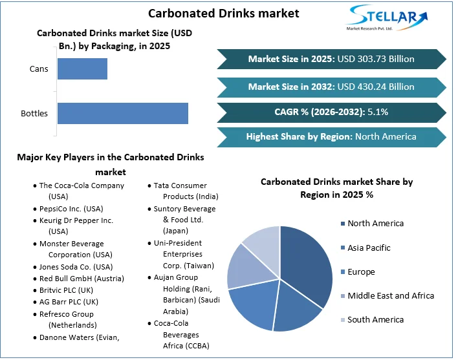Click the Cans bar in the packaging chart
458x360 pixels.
[82, 69]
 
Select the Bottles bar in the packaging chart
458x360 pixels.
[122, 113]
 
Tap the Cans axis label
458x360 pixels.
[38, 69]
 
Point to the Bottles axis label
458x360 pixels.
[34, 114]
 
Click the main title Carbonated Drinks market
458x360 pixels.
[215, 13]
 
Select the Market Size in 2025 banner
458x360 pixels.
[331, 59]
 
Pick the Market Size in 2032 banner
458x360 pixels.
[331, 87]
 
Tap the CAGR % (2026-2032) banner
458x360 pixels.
[331, 112]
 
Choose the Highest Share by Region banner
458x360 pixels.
[331, 137]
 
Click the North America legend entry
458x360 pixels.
[375, 224]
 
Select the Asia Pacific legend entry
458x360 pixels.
[369, 248]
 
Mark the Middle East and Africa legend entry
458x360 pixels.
[390, 296]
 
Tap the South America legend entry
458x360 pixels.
[375, 320]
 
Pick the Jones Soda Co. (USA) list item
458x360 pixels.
[76, 267]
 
